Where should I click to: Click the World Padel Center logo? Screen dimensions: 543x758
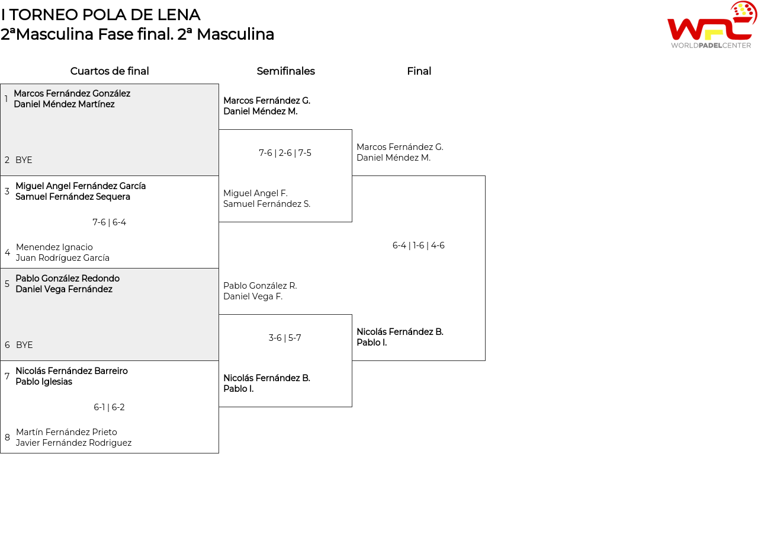[711, 25]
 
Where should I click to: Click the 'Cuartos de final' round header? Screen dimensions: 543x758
[110, 71]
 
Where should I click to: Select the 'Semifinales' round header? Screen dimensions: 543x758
[285, 71]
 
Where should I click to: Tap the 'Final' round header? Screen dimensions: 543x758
[419, 71]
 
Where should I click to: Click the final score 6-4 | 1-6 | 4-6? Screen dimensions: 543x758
[418, 245]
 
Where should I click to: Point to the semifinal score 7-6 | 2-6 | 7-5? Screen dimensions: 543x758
[285, 153]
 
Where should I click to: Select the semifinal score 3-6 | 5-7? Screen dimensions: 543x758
[285, 338]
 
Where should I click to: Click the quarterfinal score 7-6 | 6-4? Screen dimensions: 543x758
[109, 222]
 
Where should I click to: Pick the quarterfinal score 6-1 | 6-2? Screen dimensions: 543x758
[109, 407]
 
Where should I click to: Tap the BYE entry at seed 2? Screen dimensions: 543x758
[24, 160]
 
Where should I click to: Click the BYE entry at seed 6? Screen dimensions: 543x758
[24, 345]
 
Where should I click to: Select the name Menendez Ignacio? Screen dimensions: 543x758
[54, 247]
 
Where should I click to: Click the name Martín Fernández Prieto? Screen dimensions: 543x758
[66, 432]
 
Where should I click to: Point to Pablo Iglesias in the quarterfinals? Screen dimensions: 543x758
[44, 382]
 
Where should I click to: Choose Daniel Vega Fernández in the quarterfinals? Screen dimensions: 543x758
[64, 289]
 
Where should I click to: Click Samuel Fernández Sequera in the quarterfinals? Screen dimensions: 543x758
[73, 197]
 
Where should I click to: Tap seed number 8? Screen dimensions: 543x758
[7, 437]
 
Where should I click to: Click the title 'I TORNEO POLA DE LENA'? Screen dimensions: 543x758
[101, 15]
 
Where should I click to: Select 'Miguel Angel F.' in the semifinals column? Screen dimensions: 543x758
[255, 193]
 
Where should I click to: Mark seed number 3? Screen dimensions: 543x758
[7, 191]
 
